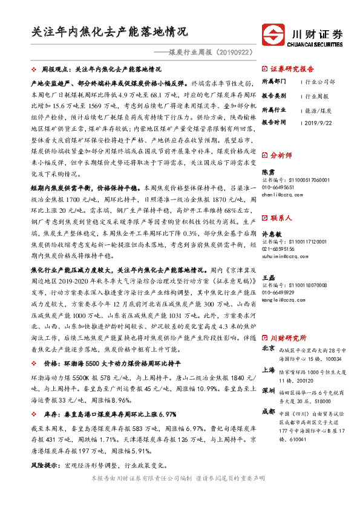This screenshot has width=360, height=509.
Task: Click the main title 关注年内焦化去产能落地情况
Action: click(111, 32)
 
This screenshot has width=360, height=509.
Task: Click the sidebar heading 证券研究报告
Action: click(292, 69)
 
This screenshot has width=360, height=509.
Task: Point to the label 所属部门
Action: click(273, 81)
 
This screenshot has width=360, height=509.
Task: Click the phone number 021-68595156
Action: click(279, 248)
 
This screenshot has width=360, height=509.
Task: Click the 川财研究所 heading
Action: click(288, 339)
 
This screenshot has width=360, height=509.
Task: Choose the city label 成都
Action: click(268, 411)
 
